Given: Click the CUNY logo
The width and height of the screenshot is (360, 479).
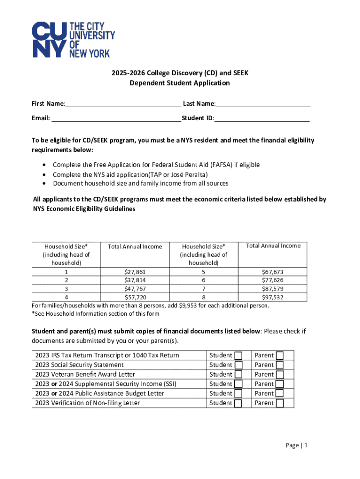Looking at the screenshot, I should pyautogui.click(x=73, y=40).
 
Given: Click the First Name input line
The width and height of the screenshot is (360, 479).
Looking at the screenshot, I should pyautogui.click(x=123, y=103).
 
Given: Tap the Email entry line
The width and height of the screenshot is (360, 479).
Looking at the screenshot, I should pyautogui.click(x=116, y=118).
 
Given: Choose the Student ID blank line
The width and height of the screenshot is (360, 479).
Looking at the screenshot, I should pyautogui.click(x=262, y=118).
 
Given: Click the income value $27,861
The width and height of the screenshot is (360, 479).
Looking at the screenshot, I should pyautogui.click(x=135, y=272).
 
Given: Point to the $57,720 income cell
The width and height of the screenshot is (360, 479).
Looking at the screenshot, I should pyautogui.click(x=135, y=297).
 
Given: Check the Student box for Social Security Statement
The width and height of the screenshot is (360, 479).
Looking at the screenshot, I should pyautogui.click(x=238, y=365).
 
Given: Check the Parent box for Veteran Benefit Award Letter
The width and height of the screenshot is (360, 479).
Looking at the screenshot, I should pyautogui.click(x=280, y=374).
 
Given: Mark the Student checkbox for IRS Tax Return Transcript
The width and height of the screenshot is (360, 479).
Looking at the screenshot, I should pyautogui.click(x=238, y=356).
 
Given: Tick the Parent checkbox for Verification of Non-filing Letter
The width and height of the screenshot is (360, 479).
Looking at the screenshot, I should pyautogui.click(x=280, y=403).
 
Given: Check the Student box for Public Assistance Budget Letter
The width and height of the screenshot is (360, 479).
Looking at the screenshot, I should pyautogui.click(x=238, y=393).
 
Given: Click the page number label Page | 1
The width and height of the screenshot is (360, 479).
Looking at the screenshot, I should pyautogui.click(x=296, y=445).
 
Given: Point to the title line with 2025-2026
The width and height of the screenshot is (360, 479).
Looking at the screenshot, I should pyautogui.click(x=180, y=73).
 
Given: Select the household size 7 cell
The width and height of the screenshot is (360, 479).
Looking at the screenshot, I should pyautogui.click(x=203, y=289).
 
